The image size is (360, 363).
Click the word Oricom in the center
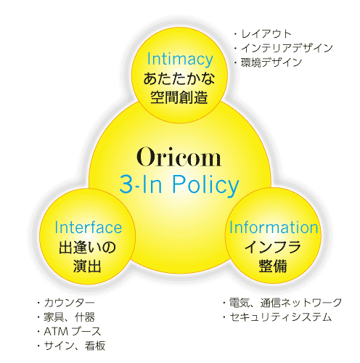click(x=179, y=157)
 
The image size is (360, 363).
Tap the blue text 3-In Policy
click(x=179, y=184)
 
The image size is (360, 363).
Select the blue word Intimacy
click(x=180, y=60)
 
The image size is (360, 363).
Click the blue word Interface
click(x=88, y=227)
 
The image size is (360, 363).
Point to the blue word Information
click(x=274, y=227)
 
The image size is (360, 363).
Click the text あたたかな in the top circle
click(x=179, y=79)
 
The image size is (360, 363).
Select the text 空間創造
click(x=179, y=97)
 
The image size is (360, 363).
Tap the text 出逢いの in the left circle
click(x=87, y=248)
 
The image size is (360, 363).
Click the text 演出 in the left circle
click(x=87, y=266)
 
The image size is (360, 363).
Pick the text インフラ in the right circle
click(x=273, y=247)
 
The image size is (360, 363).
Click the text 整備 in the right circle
click(x=273, y=266)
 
